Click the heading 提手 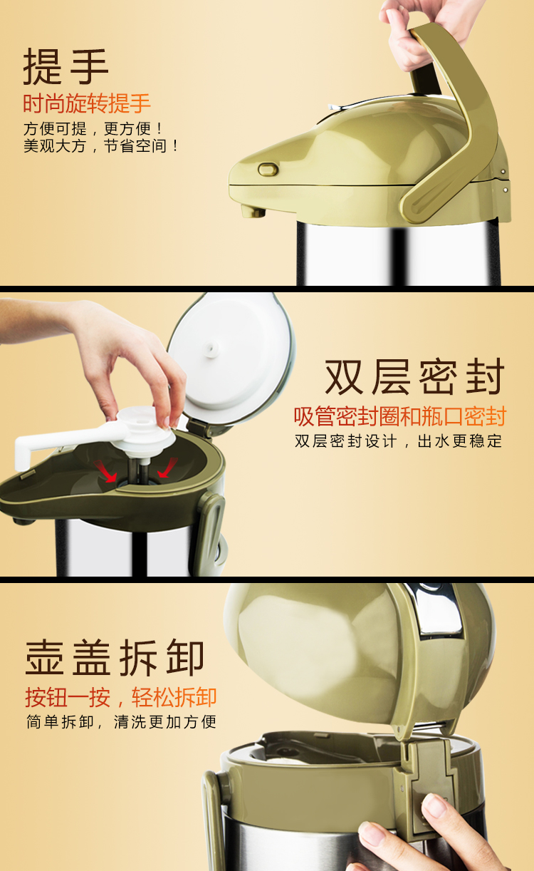(66, 66)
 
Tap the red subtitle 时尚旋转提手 (87, 103)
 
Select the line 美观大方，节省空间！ (100, 146)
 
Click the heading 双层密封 (415, 376)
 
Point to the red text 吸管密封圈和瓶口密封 (400, 416)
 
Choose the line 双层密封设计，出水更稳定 (399, 441)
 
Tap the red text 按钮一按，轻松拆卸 (121, 697)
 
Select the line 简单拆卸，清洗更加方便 (121, 722)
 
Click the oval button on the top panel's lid (268, 170)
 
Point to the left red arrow (105, 471)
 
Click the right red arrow (167, 468)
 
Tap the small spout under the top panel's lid (253, 211)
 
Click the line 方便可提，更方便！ (93, 128)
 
